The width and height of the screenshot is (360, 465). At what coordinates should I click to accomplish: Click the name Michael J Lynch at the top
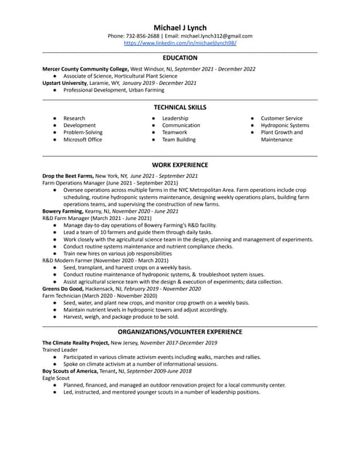[x=180, y=28]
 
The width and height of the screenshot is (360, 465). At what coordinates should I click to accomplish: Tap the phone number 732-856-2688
[x=143, y=36]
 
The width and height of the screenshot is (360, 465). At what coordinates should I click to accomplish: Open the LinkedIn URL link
[x=180, y=43]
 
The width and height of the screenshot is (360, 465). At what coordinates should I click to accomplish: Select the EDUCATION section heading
[x=180, y=58]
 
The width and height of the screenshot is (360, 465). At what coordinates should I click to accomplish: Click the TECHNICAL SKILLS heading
[x=180, y=108]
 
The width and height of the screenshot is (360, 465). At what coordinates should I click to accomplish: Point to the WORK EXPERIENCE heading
[x=180, y=165]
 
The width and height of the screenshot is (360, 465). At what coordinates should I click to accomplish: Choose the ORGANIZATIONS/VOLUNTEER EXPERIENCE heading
[x=180, y=331]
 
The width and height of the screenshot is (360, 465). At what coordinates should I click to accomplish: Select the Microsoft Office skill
[x=82, y=139]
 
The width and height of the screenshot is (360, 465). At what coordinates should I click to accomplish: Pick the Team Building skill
[x=178, y=139]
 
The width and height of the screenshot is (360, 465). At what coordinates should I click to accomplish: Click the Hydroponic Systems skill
[x=284, y=126]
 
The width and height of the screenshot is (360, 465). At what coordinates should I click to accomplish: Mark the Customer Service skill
[x=281, y=118]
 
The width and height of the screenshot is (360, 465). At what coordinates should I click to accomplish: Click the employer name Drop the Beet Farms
[x=68, y=176]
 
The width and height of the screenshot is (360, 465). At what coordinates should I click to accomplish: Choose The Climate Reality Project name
[x=76, y=342]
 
